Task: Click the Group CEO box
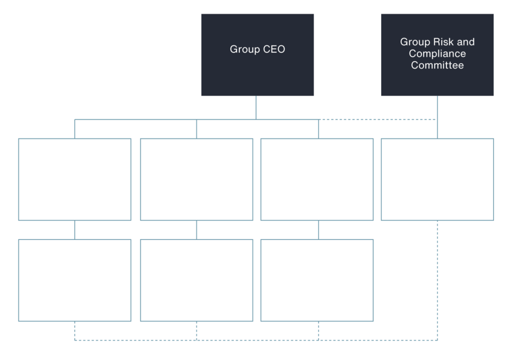tap(258, 55)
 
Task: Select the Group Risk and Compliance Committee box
tap(437, 55)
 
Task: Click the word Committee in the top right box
tap(437, 65)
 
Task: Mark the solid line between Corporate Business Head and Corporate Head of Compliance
tap(196, 230)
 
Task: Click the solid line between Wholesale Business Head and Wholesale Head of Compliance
tap(318, 230)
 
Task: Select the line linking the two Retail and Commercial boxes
tap(75, 230)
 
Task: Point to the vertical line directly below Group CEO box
tap(256, 108)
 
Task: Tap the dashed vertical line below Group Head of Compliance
tap(438, 280)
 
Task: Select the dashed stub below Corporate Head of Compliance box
tap(196, 330)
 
